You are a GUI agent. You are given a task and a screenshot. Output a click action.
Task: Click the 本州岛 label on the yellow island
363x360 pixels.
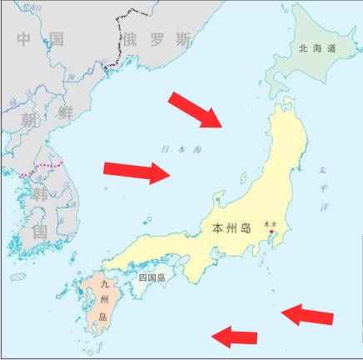tap(230, 227)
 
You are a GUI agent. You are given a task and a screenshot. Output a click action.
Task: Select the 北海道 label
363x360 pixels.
tap(317, 49)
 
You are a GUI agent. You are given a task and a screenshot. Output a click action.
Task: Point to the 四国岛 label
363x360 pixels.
tap(152, 277)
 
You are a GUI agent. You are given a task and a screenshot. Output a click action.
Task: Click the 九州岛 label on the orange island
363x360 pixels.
tap(103, 301)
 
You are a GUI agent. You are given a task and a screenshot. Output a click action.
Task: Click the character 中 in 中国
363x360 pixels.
tap(25, 39)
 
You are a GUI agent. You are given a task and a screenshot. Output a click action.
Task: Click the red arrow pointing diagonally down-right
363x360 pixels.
tap(196, 109)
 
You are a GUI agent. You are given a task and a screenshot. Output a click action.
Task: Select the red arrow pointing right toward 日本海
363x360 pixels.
tap(136, 172)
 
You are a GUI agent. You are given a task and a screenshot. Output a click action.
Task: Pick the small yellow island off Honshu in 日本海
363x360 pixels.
tap(244, 178)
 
